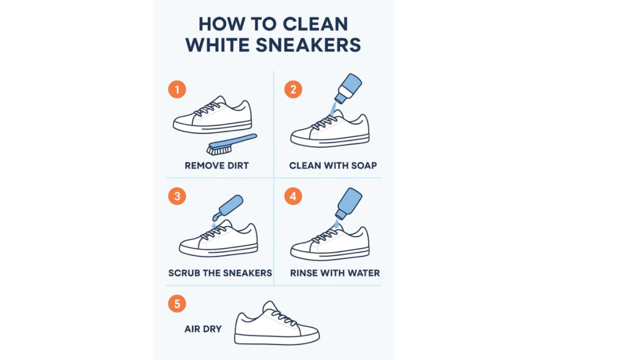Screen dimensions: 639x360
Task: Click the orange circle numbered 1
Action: click(177, 89)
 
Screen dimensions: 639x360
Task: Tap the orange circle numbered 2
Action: click(293, 89)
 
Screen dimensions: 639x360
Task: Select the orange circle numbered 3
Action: click(177, 196)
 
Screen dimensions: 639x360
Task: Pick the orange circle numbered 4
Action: click(293, 196)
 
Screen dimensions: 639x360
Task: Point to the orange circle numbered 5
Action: click(177, 303)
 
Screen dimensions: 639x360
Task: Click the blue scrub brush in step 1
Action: click(232, 145)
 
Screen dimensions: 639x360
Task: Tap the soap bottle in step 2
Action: click(348, 89)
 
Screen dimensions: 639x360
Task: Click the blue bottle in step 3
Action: click(228, 208)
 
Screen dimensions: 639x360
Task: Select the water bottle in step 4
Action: click(348, 203)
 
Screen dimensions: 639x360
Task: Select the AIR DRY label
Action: click(203, 329)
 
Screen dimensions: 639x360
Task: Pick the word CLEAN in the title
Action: click(315, 24)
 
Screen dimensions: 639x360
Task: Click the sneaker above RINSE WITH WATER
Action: click(329, 243)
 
